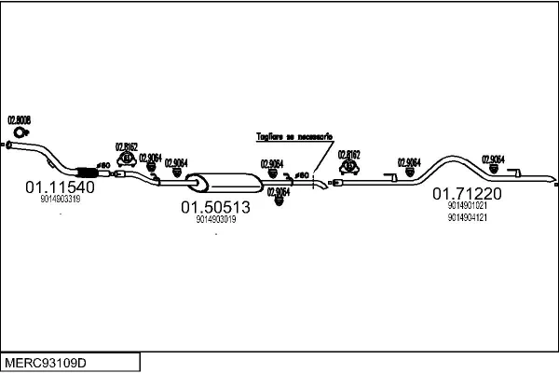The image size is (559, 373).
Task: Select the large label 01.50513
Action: click(215, 207)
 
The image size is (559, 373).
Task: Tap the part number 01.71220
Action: click(467, 194)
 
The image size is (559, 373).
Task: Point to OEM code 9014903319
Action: click(60, 199)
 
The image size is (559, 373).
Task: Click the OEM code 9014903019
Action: click(215, 220)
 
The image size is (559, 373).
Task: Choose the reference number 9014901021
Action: click(467, 206)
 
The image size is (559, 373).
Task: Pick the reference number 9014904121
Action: click(467, 216)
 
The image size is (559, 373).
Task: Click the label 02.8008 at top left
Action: click(20, 119)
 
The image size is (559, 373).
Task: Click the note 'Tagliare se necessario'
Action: click(293, 137)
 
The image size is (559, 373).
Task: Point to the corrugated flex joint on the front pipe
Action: click(85, 171)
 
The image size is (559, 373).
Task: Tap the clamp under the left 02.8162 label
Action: click(127, 160)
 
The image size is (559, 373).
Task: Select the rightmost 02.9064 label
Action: click(492, 159)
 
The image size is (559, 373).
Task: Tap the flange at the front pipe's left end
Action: click(8, 145)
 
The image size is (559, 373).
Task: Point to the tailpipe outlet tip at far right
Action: click(552, 178)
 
